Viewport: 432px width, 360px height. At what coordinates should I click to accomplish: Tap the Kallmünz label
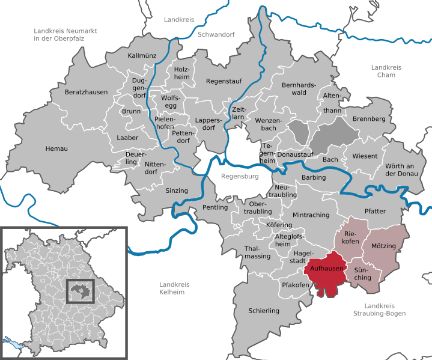click(142, 56)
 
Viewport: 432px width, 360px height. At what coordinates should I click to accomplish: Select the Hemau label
click(56, 148)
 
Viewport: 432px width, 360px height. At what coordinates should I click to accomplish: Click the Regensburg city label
click(239, 177)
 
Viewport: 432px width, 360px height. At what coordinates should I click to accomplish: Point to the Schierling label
click(264, 311)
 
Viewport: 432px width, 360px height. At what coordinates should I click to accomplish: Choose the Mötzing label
click(383, 246)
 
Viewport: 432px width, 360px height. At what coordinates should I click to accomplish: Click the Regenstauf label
click(223, 81)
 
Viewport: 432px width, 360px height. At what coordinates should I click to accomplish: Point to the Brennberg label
click(368, 119)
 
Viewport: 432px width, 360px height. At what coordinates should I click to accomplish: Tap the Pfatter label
click(376, 212)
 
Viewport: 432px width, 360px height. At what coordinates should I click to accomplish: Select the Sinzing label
click(177, 191)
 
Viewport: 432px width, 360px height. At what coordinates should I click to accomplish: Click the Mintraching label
click(311, 215)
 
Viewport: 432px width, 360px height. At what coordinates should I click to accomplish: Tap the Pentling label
click(216, 207)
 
